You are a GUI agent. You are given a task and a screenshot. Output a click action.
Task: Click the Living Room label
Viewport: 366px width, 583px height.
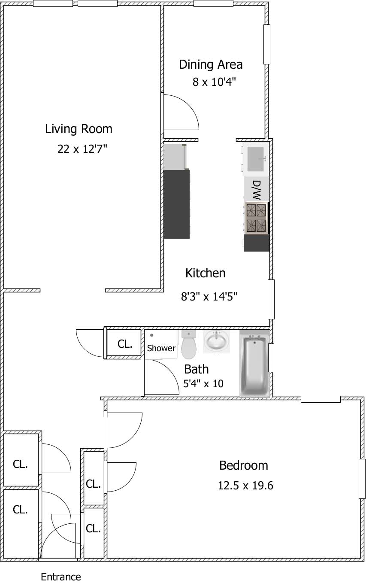79,129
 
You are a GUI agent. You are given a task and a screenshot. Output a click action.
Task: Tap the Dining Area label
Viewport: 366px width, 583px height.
211,64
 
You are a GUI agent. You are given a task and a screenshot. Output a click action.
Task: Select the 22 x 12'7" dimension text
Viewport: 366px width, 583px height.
82,149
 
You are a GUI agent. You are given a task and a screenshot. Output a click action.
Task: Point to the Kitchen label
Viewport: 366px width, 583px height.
205,273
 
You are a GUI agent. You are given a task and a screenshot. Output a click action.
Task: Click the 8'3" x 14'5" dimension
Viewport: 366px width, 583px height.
209,297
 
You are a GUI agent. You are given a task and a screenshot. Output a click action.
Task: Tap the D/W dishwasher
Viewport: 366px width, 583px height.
256,189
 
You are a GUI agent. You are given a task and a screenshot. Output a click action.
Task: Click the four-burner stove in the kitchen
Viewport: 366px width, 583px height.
256,218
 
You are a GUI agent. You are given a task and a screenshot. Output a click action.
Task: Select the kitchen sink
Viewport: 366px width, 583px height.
255,159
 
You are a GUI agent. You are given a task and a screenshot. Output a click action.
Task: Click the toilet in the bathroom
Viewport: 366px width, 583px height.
189,344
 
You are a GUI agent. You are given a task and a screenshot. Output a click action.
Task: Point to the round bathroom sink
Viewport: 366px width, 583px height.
216,342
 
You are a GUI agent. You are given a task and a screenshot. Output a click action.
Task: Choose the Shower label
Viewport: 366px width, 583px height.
161,348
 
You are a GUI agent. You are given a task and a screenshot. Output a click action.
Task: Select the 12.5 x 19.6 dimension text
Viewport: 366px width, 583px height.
245,486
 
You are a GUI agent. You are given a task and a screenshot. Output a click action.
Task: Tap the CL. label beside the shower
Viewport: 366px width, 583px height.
125,344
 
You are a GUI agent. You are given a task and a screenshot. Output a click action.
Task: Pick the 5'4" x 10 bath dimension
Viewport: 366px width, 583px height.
203,384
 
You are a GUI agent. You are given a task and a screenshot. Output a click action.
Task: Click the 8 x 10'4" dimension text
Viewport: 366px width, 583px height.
214,82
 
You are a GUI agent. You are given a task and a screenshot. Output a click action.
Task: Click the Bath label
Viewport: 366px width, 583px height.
197,369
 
